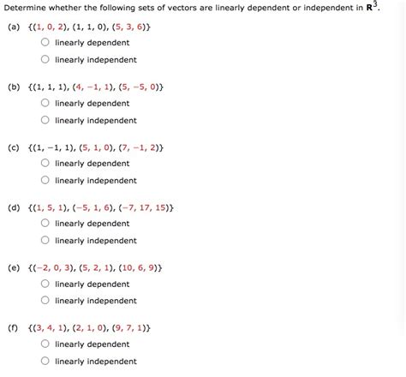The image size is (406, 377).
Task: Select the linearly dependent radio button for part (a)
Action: (45, 43)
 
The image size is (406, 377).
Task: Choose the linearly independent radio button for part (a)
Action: (45, 60)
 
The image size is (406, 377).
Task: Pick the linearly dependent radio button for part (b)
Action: (45, 104)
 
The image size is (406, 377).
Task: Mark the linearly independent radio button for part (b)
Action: (45, 121)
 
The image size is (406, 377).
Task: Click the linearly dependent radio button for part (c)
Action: (45, 164)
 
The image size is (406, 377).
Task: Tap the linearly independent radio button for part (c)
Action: (45, 181)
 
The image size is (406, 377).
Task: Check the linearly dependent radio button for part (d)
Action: (45, 224)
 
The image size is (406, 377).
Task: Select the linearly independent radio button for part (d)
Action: (45, 241)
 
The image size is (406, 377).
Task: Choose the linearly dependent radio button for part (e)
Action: (45, 284)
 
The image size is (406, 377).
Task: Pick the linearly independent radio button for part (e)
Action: (45, 301)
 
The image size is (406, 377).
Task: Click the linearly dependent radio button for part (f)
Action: (45, 344)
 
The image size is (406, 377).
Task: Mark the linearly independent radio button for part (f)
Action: (45, 362)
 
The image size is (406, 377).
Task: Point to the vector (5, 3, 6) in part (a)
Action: (131, 26)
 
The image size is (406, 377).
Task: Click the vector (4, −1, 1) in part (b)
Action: (94, 87)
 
